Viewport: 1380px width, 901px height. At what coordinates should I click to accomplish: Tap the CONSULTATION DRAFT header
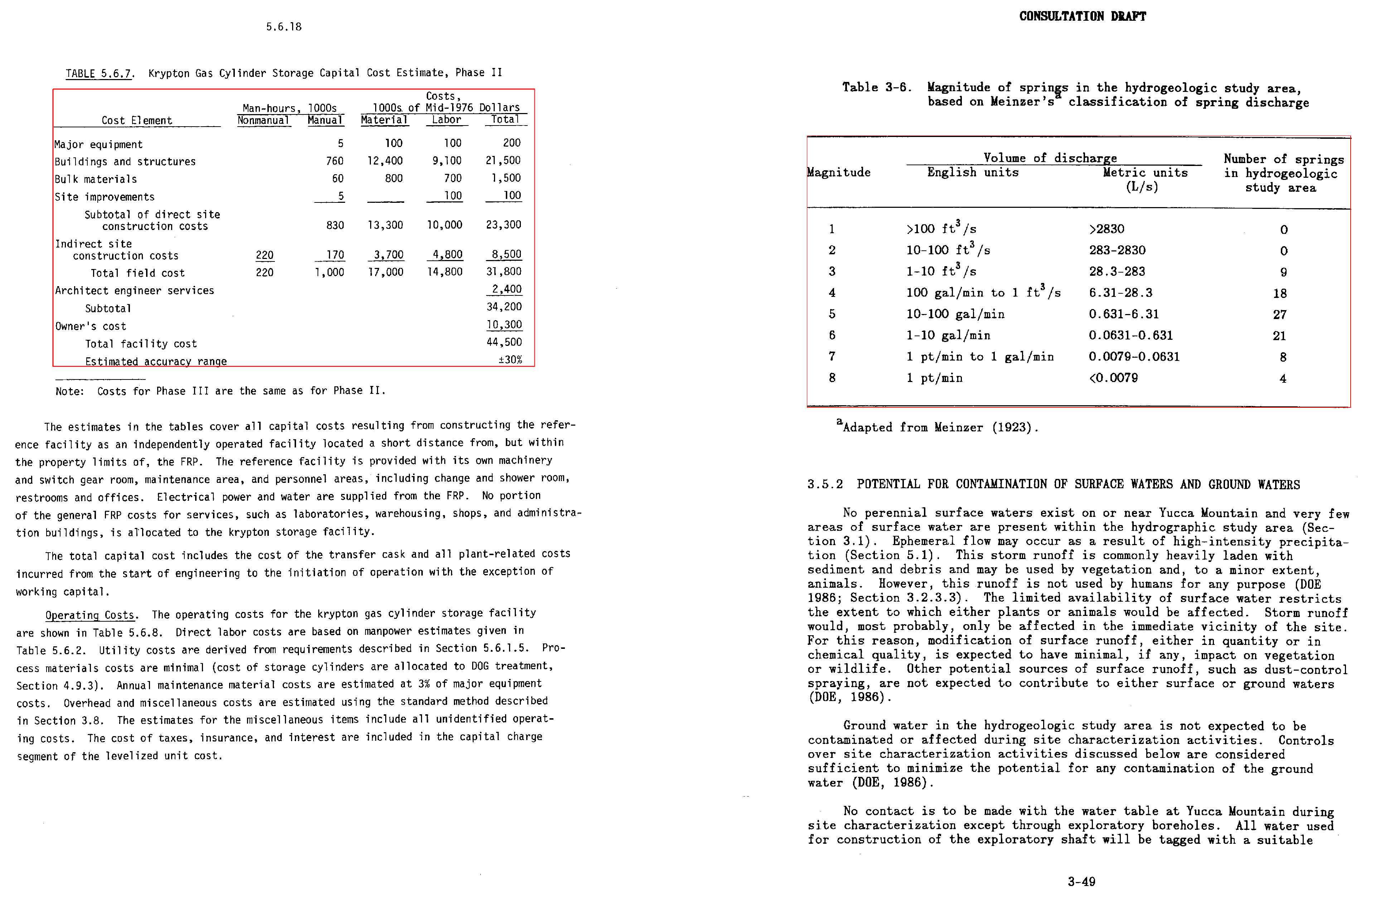click(1082, 16)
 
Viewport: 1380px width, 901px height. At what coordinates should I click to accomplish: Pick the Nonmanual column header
click(263, 121)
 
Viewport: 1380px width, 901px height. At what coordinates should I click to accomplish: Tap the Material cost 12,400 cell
click(385, 161)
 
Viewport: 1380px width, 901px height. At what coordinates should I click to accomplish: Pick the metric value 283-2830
click(1117, 250)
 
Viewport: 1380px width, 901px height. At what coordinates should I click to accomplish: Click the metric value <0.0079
click(1113, 378)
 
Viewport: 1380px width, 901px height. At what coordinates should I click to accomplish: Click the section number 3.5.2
click(824, 484)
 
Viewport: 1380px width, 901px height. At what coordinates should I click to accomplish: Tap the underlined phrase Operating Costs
click(90, 615)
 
